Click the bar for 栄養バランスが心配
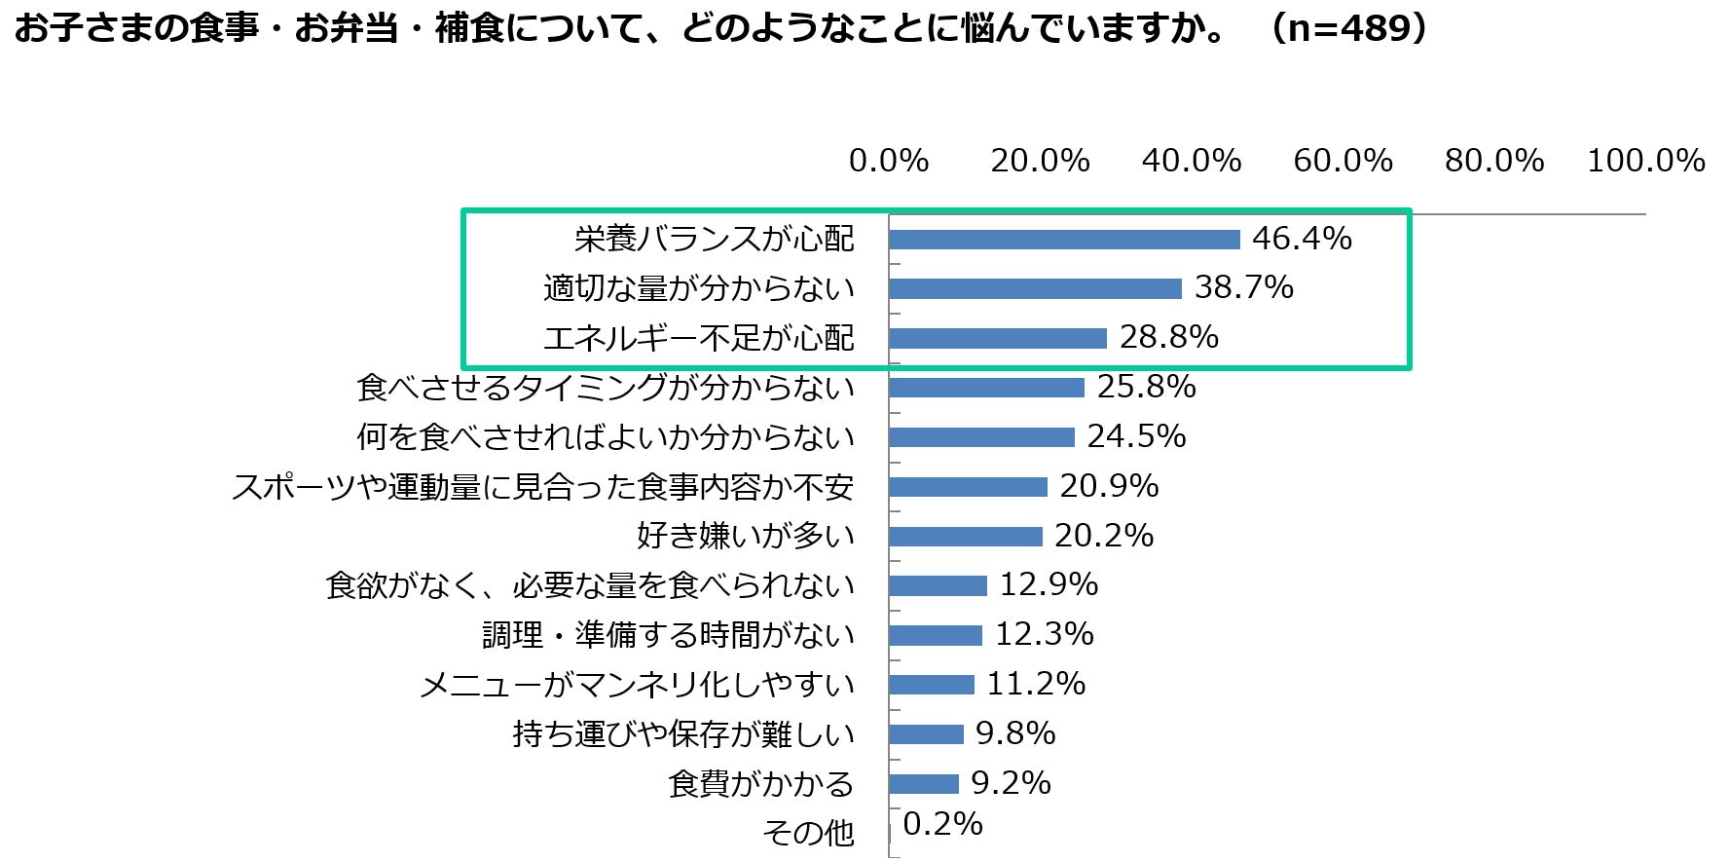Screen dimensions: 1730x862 1064,240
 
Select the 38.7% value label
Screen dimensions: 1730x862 1244,287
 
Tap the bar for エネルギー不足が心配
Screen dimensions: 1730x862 998,338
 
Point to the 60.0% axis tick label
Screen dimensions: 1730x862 1343,161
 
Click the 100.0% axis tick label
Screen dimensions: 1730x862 1646,161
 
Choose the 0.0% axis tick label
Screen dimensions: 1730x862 889,161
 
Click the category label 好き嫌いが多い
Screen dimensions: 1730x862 746,536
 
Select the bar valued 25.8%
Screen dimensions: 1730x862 986,388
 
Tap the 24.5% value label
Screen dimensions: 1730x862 1136,436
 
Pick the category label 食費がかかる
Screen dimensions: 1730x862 761,784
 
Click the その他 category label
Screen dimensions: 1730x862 808,834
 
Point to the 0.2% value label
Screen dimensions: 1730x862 942,824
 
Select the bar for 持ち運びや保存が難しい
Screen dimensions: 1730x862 926,734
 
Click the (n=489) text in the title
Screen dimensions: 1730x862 1349,28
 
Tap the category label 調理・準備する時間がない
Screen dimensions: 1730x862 668,635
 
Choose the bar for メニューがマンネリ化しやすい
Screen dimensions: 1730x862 932,685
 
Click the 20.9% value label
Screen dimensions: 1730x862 1109,486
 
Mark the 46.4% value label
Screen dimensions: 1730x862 1302,238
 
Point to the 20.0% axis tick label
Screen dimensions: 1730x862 1040,161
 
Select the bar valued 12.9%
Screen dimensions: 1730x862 938,585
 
